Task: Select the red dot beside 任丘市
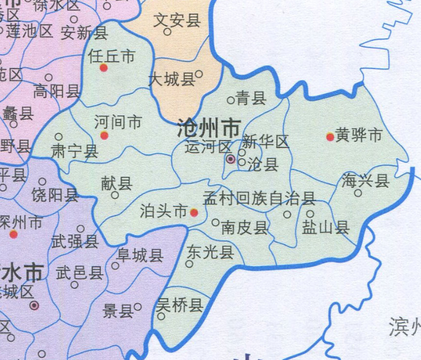click(x=104, y=68)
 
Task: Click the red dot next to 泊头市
click(x=194, y=213)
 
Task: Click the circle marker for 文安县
click(x=167, y=32)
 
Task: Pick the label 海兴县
click(x=366, y=181)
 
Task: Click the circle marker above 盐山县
click(x=311, y=214)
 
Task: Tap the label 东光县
click(x=210, y=251)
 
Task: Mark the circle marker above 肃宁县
click(x=59, y=137)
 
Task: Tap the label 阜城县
click(x=139, y=256)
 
